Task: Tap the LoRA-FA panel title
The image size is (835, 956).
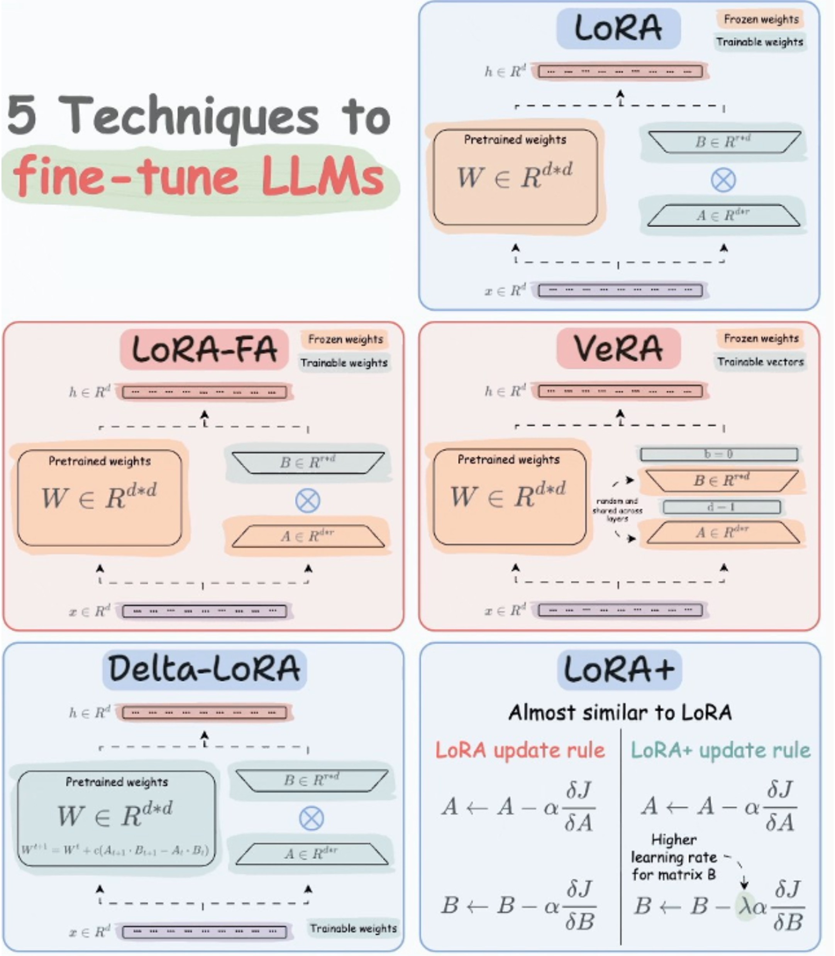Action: point(204,349)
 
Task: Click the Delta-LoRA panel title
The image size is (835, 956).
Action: point(204,669)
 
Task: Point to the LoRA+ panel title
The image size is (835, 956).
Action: point(619,669)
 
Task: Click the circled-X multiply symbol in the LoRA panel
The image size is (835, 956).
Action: point(723,180)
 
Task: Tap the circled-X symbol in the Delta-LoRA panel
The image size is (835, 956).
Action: point(311,818)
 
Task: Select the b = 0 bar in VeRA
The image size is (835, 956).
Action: point(718,453)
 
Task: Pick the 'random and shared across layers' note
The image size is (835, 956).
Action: point(617,509)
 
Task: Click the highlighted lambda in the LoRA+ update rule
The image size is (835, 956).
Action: point(744,906)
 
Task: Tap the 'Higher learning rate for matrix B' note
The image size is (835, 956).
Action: point(674,857)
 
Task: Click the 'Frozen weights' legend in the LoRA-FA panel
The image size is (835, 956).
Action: point(345,339)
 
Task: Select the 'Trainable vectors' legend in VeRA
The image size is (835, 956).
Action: point(760,362)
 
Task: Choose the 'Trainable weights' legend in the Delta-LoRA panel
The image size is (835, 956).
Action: point(353,929)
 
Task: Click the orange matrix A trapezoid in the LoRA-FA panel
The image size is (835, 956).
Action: point(308,536)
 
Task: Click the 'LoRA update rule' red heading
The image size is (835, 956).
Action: point(520,750)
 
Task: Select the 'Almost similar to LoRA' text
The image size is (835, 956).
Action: point(620,712)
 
